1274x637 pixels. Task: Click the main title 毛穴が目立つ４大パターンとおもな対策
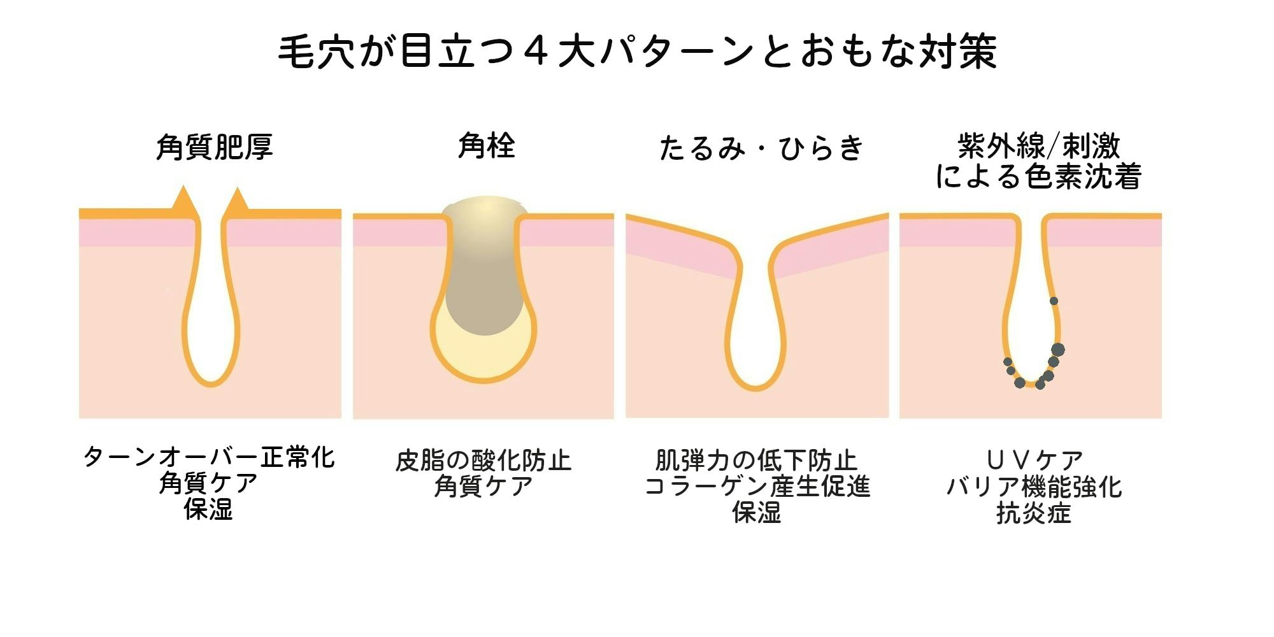[x=637, y=51]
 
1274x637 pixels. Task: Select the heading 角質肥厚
[x=215, y=147]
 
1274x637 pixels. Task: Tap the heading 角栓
[x=487, y=146]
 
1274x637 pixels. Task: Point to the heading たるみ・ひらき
[x=761, y=148]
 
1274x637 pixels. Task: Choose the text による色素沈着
[x=1038, y=176]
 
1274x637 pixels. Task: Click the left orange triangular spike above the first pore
[x=183, y=199]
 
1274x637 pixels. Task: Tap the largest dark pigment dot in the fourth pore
[x=1057, y=349]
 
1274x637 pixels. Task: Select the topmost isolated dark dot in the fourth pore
[x=1054, y=301]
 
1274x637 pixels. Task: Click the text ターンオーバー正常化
[x=209, y=457]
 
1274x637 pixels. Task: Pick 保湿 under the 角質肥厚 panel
[x=209, y=510]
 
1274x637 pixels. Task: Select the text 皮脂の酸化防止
[x=483, y=461]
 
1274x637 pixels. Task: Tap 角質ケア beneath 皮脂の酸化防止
[x=483, y=487]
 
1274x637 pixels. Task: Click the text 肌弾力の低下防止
[x=757, y=461]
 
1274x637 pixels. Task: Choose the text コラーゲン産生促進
[x=757, y=487]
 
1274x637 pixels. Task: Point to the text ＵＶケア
[x=1034, y=460]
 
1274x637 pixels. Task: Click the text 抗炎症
[x=1034, y=513]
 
